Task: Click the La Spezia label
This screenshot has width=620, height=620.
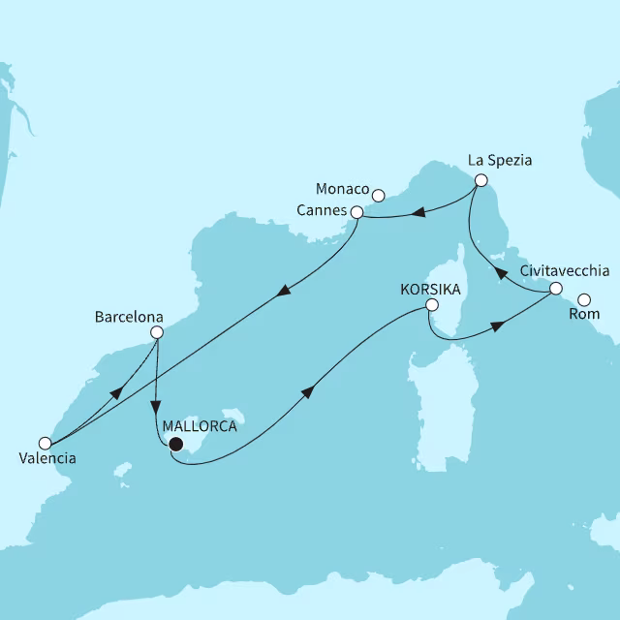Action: click(500, 158)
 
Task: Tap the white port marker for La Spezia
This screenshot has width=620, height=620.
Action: click(480, 180)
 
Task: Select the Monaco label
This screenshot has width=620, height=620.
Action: click(343, 187)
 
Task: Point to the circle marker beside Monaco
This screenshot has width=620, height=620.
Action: click(379, 196)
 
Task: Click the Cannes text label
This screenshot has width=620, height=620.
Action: click(322, 211)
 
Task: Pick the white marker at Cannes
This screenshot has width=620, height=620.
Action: click(356, 212)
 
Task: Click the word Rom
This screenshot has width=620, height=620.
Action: click(586, 314)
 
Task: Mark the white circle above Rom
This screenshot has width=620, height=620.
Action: click(584, 299)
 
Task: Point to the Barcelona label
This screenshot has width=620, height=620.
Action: click(129, 316)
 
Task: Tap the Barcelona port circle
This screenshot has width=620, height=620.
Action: click(156, 332)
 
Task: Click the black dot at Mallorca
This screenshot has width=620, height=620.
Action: click(175, 445)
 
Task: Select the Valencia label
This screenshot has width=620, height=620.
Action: click(46, 458)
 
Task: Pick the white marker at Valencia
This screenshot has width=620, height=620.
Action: click(44, 443)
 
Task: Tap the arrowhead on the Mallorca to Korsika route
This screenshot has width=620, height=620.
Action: click(308, 390)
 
